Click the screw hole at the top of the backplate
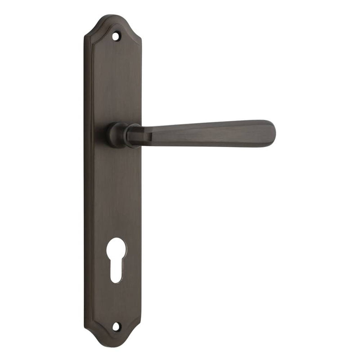tap(119, 34)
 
